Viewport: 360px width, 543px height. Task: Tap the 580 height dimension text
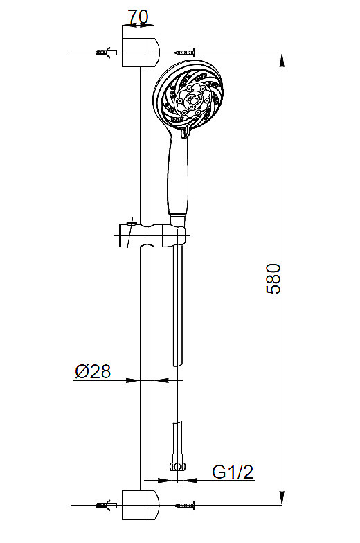coord(274,278)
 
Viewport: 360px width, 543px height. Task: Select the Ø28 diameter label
coord(92,371)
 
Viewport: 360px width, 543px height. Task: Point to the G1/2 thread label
coord(232,472)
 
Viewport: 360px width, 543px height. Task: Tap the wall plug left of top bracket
coord(105,53)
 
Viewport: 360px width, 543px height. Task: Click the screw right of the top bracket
coord(185,53)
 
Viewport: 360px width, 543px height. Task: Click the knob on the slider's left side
coord(125,234)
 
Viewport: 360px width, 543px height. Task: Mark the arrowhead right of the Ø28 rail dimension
coord(163,380)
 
